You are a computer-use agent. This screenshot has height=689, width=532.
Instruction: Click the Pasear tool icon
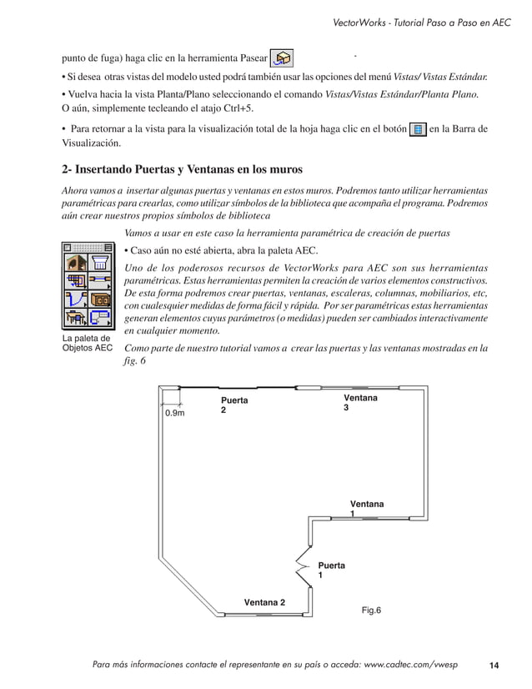click(x=283, y=58)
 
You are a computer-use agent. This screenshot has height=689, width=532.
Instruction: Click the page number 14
click(x=494, y=665)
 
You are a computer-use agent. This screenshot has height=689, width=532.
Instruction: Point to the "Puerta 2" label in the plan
click(x=234, y=406)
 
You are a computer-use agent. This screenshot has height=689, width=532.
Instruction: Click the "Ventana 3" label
click(x=360, y=404)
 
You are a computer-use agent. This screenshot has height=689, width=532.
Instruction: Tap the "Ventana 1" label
click(x=367, y=509)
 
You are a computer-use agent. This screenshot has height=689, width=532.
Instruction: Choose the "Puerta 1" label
click(x=331, y=571)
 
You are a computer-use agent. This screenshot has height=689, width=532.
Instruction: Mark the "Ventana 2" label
click(x=264, y=602)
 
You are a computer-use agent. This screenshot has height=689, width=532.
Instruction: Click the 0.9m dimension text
click(x=175, y=413)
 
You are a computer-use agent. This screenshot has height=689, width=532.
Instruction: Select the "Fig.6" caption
click(x=371, y=611)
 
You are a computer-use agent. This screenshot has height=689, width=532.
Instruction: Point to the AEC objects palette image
click(x=88, y=283)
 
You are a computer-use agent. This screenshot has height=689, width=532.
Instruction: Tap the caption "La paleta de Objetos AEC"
click(x=87, y=343)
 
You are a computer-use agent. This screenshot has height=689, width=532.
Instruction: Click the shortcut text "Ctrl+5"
click(x=236, y=109)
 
